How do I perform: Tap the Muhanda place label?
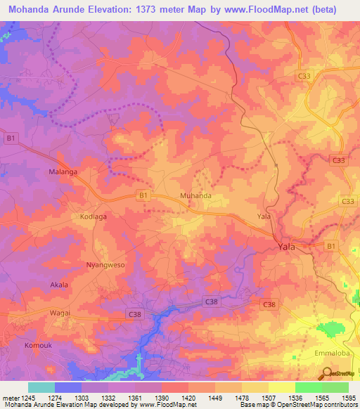[196, 196]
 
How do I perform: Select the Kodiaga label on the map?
[93, 217]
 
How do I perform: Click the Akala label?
[59, 285]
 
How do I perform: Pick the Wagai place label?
[60, 312]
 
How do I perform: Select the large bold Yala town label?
[287, 247]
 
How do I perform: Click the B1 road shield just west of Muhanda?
[143, 195]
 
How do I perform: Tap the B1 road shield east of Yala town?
[330, 246]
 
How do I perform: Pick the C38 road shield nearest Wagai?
[136, 312]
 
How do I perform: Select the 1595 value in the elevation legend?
[348, 397]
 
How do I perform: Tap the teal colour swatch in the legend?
[41, 387]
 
